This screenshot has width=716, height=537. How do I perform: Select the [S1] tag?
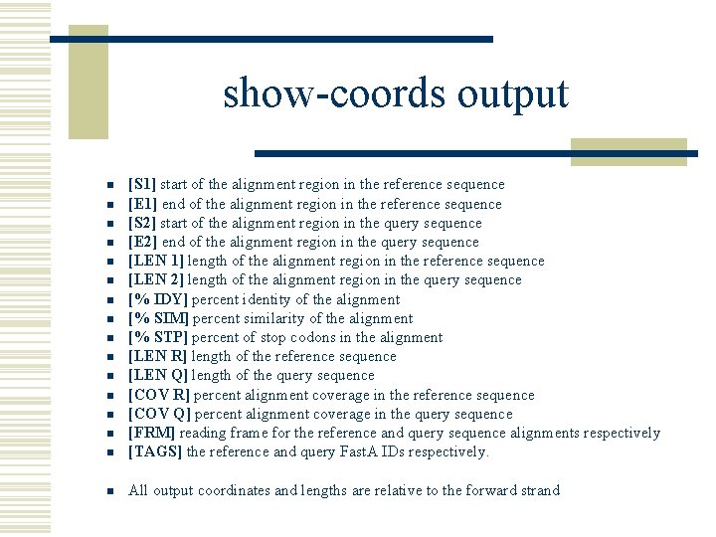tap(142, 184)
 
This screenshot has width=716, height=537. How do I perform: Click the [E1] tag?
tap(142, 204)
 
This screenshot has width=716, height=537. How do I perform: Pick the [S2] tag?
tap(142, 223)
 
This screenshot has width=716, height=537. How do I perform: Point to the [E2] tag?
tap(142, 242)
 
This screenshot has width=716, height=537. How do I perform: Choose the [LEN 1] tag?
tap(154, 261)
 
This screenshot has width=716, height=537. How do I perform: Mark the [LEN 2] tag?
tap(154, 279)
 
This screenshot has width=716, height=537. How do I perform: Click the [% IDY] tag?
tap(158, 299)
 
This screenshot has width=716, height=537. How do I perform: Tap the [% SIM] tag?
tap(158, 318)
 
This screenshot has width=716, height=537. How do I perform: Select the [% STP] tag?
tap(158, 337)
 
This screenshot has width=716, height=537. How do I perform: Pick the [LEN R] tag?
tap(155, 356)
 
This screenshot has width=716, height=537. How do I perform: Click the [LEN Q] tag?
tap(155, 375)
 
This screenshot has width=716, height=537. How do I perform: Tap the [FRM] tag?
tap(149, 433)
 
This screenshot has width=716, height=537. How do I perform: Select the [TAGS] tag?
tap(154, 451)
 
